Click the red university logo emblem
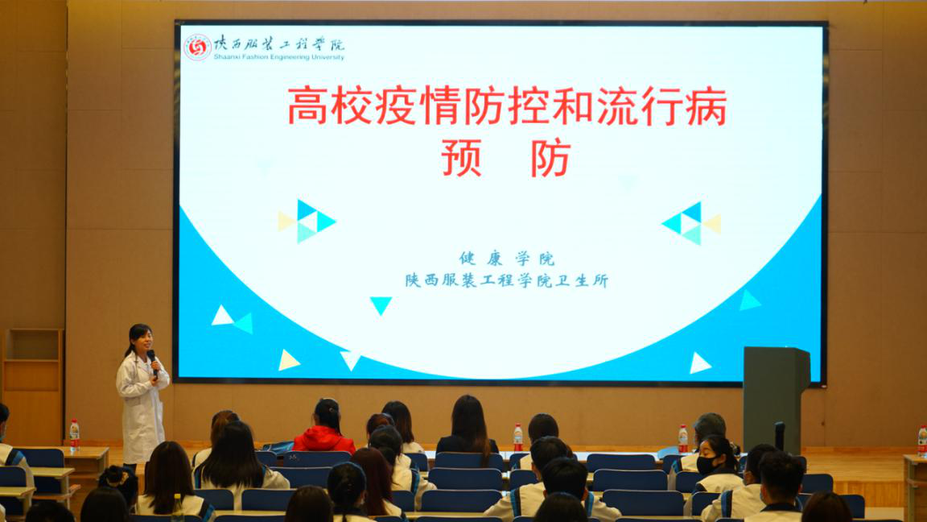[x=197, y=48]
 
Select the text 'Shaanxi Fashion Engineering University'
[x=278, y=57]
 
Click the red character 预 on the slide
[x=461, y=158]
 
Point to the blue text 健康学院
[x=507, y=259]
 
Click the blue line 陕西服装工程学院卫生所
[x=507, y=280]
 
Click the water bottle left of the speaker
[x=75, y=435]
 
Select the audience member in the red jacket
[x=324, y=429]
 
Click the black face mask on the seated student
[x=706, y=465]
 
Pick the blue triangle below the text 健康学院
[x=381, y=305]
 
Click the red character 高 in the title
[x=307, y=106]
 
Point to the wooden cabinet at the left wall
[x=33, y=386]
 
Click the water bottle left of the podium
[x=683, y=438]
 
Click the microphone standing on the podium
[x=779, y=436]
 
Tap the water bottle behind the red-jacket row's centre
[x=518, y=437]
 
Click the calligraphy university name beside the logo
[x=278, y=43]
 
